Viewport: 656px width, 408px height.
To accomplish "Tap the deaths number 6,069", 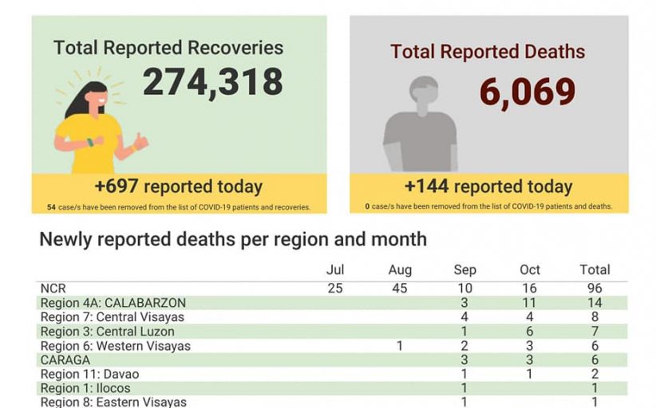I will [528, 92].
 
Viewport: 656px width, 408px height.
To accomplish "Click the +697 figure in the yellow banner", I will [117, 187].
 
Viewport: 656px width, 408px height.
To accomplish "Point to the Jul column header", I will [335, 270].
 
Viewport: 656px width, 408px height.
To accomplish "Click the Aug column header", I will [400, 270].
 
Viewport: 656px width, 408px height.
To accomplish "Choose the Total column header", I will [595, 270].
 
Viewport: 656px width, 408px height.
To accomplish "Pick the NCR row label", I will [53, 288].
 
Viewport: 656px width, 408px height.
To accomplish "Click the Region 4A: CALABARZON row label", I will [113, 303].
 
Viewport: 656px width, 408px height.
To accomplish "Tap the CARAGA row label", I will [65, 360].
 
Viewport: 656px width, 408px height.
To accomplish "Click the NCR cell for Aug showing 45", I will [400, 288].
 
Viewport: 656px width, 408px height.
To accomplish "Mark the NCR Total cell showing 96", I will [595, 288].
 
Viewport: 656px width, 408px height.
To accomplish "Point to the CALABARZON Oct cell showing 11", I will [530, 303].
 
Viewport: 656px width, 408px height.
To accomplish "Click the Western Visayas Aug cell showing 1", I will [400, 346].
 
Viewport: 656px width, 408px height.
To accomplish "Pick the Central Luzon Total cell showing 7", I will [595, 331].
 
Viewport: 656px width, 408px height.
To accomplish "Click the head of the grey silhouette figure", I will [423, 95].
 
